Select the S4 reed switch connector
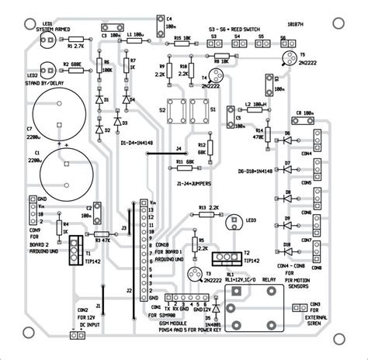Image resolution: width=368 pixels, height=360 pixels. (x=238, y=45)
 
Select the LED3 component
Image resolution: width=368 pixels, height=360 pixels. (x=231, y=221)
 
